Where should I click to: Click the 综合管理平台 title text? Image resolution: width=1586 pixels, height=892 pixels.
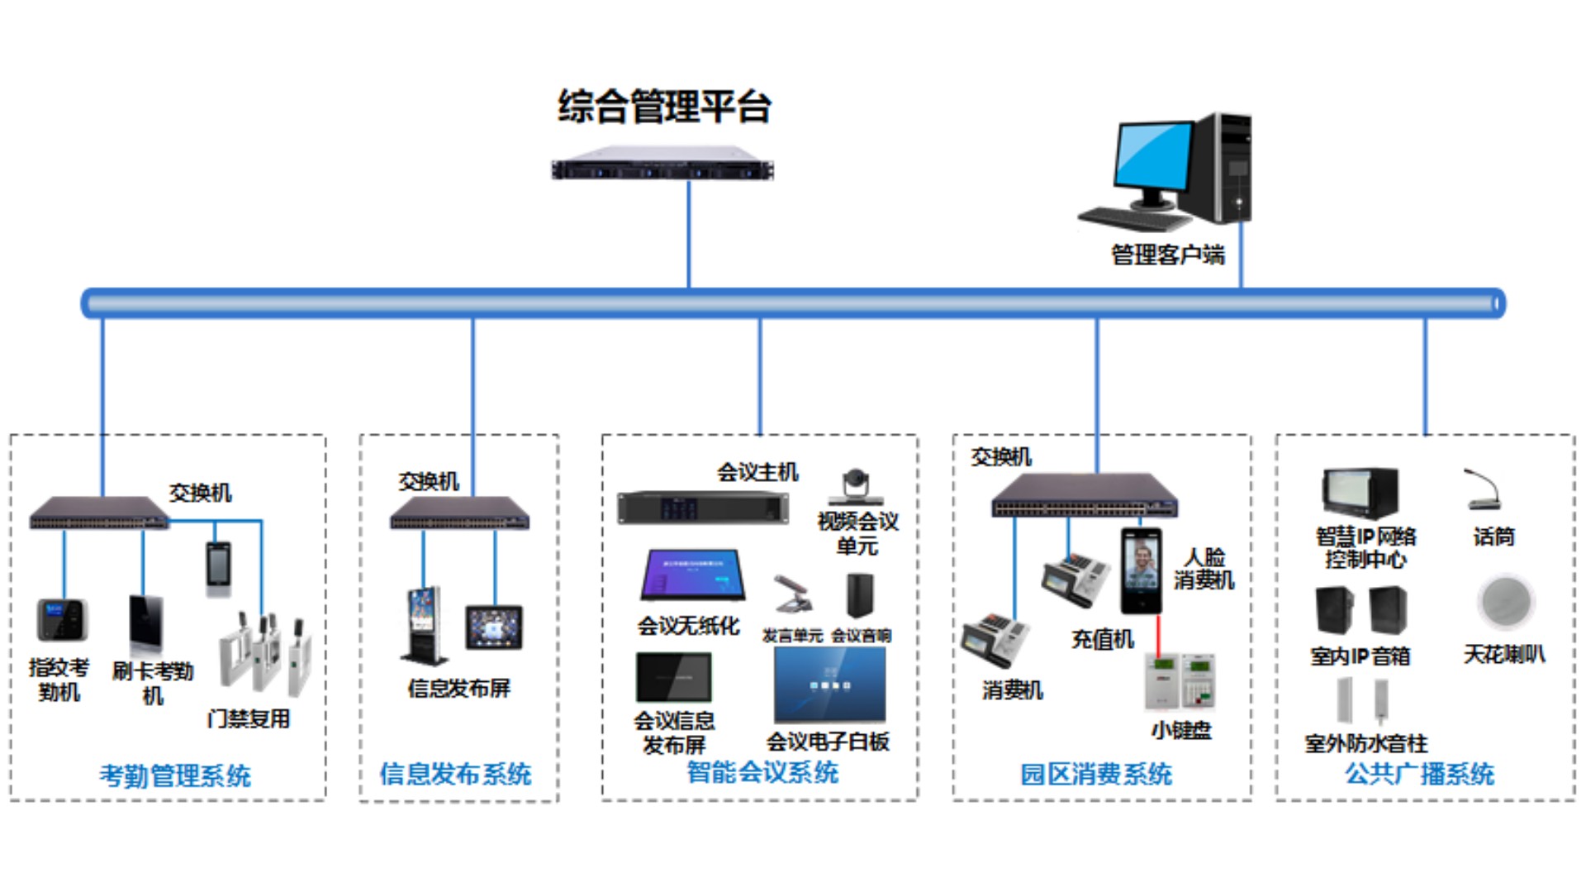coord(664,107)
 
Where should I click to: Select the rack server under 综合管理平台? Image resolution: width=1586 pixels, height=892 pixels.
coord(662,164)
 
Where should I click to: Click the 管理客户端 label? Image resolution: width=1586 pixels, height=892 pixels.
coord(1167,255)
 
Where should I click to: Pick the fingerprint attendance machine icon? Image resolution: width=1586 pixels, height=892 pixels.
coord(62,619)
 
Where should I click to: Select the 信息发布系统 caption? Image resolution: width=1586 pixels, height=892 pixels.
coord(455,775)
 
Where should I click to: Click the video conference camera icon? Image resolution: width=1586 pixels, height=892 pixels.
coord(856,487)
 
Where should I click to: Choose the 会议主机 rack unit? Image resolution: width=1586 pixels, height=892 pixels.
coord(703,507)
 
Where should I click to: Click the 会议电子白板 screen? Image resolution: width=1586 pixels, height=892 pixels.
coord(829,685)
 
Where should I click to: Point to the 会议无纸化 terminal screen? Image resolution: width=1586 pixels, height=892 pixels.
coord(692,575)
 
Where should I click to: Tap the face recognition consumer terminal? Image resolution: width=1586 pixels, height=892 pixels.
coord(1141,570)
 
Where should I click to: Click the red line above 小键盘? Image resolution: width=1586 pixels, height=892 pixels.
coord(1158,633)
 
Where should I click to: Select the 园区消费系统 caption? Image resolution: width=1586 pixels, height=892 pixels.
coord(1095,775)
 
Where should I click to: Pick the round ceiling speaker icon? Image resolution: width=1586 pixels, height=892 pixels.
coord(1505,602)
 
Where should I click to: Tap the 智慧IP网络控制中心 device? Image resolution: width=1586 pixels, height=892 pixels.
coord(1360,493)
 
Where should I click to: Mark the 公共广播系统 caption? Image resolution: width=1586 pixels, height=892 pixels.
coord(1419,775)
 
